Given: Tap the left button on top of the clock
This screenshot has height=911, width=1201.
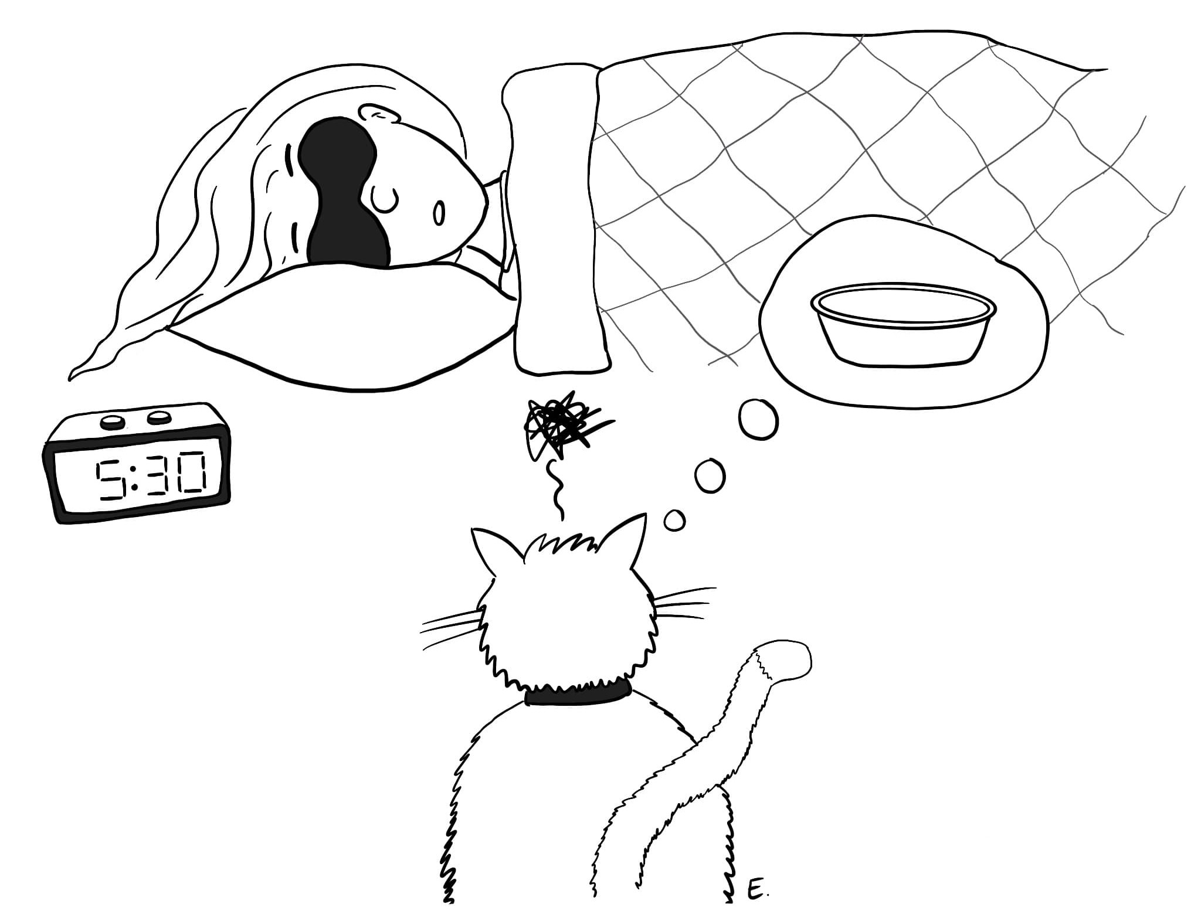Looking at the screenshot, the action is click(x=111, y=421).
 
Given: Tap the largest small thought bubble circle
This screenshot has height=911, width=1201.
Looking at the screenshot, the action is click(x=759, y=419).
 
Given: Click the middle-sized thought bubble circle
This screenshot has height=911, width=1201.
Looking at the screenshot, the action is click(x=710, y=475).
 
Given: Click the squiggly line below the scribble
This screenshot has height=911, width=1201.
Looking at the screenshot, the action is click(x=554, y=490).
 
